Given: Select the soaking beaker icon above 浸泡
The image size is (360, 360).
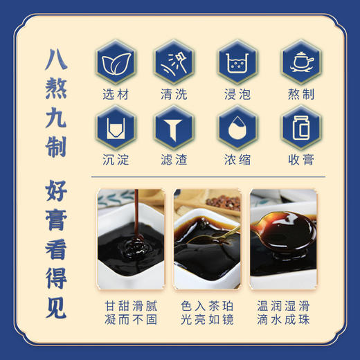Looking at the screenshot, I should coord(235,63).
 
